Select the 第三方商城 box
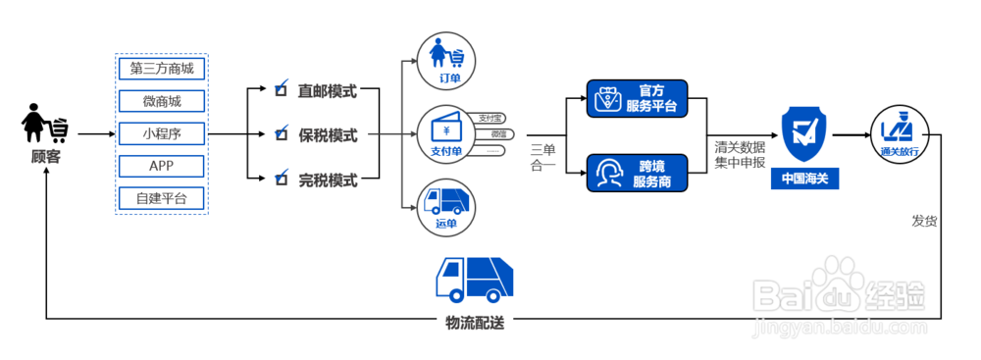(x=161, y=69)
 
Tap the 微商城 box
(x=161, y=101)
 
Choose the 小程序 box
(x=161, y=133)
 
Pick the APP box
(x=161, y=166)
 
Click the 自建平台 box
(x=161, y=198)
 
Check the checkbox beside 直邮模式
(x=281, y=89)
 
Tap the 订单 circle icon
(x=447, y=62)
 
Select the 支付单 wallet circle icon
(x=447, y=134)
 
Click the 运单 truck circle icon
(x=447, y=206)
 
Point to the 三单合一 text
(x=542, y=157)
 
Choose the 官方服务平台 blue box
(x=636, y=99)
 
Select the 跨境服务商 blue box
(x=636, y=173)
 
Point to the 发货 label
(x=924, y=221)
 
